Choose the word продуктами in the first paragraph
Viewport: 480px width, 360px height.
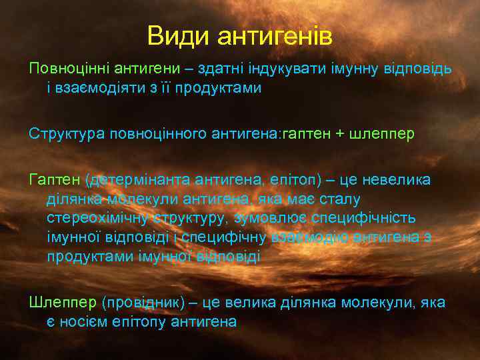(226, 88)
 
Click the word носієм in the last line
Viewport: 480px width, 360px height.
(87, 321)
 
